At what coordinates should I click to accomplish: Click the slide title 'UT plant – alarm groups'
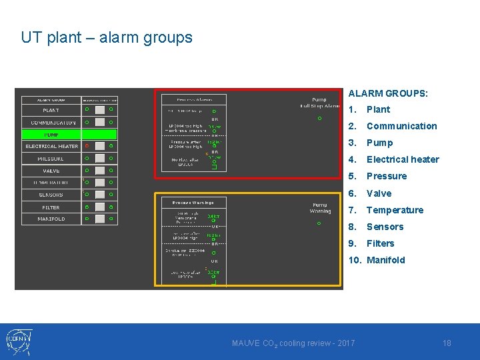(x=107, y=37)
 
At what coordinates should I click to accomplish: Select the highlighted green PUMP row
(x=52, y=134)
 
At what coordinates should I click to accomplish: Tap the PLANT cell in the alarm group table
(x=51, y=110)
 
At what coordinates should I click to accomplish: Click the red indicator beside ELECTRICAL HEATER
(x=87, y=146)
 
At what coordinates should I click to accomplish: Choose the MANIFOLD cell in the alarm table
(x=51, y=219)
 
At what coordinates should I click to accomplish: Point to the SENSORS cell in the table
(x=51, y=195)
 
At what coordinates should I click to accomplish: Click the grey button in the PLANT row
(x=99, y=110)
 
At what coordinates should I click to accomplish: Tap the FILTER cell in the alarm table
(x=51, y=207)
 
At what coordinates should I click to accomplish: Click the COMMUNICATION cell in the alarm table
(x=51, y=122)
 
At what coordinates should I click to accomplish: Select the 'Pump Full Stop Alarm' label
(x=319, y=103)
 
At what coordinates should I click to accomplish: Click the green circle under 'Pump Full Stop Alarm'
(x=319, y=119)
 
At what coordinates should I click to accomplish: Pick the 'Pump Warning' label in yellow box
(x=320, y=208)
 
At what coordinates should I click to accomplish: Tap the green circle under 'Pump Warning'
(x=319, y=223)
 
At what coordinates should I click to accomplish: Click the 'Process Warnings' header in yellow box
(x=193, y=202)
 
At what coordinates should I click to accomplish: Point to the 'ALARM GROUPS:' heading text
(x=388, y=94)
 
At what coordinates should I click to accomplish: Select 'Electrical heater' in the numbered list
(x=403, y=159)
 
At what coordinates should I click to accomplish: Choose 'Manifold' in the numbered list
(x=385, y=260)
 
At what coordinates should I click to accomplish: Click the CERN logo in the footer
(x=19, y=341)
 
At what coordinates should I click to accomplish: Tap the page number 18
(x=447, y=343)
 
